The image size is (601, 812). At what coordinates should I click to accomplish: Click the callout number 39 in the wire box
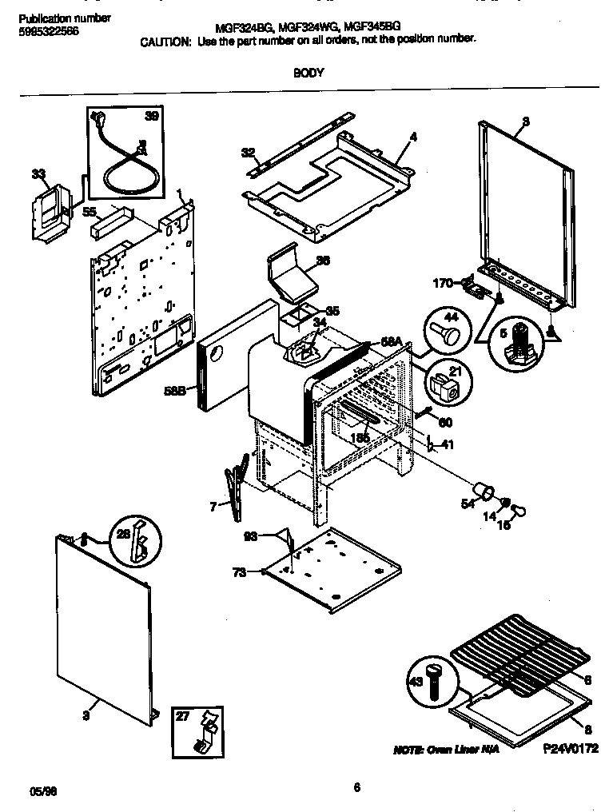(x=150, y=117)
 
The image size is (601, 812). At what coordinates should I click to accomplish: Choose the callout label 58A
(x=391, y=341)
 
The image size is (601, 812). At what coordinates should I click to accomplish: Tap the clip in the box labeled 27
(x=205, y=731)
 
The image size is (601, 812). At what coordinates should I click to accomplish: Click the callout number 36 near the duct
(x=323, y=260)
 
